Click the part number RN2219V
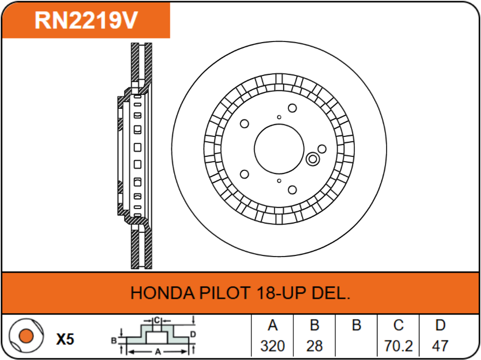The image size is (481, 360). [86, 20]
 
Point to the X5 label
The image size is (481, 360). [65, 340]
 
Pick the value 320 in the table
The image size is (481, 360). [272, 345]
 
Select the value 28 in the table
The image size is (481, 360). [314, 345]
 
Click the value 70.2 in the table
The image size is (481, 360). [398, 345]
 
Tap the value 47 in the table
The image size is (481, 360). [440, 345]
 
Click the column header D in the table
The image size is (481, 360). [440, 326]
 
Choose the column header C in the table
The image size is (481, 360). [398, 326]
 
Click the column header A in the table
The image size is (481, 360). [272, 326]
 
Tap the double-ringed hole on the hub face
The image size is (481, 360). [312, 160]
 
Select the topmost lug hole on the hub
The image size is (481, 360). [292, 108]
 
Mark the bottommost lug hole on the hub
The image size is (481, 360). [292, 190]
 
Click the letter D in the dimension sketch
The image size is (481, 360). [193, 334]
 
